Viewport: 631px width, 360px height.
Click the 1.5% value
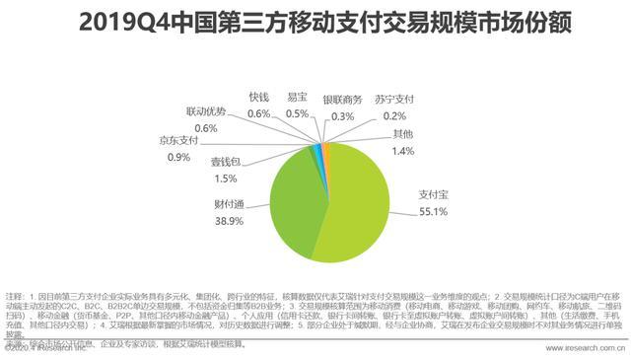pyautogui.click(x=224, y=178)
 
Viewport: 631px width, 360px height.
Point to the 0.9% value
pyautogui.click(x=178, y=157)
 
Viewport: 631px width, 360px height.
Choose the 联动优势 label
pyautogui.click(x=206, y=111)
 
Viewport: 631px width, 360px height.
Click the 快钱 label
pyautogui.click(x=258, y=98)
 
